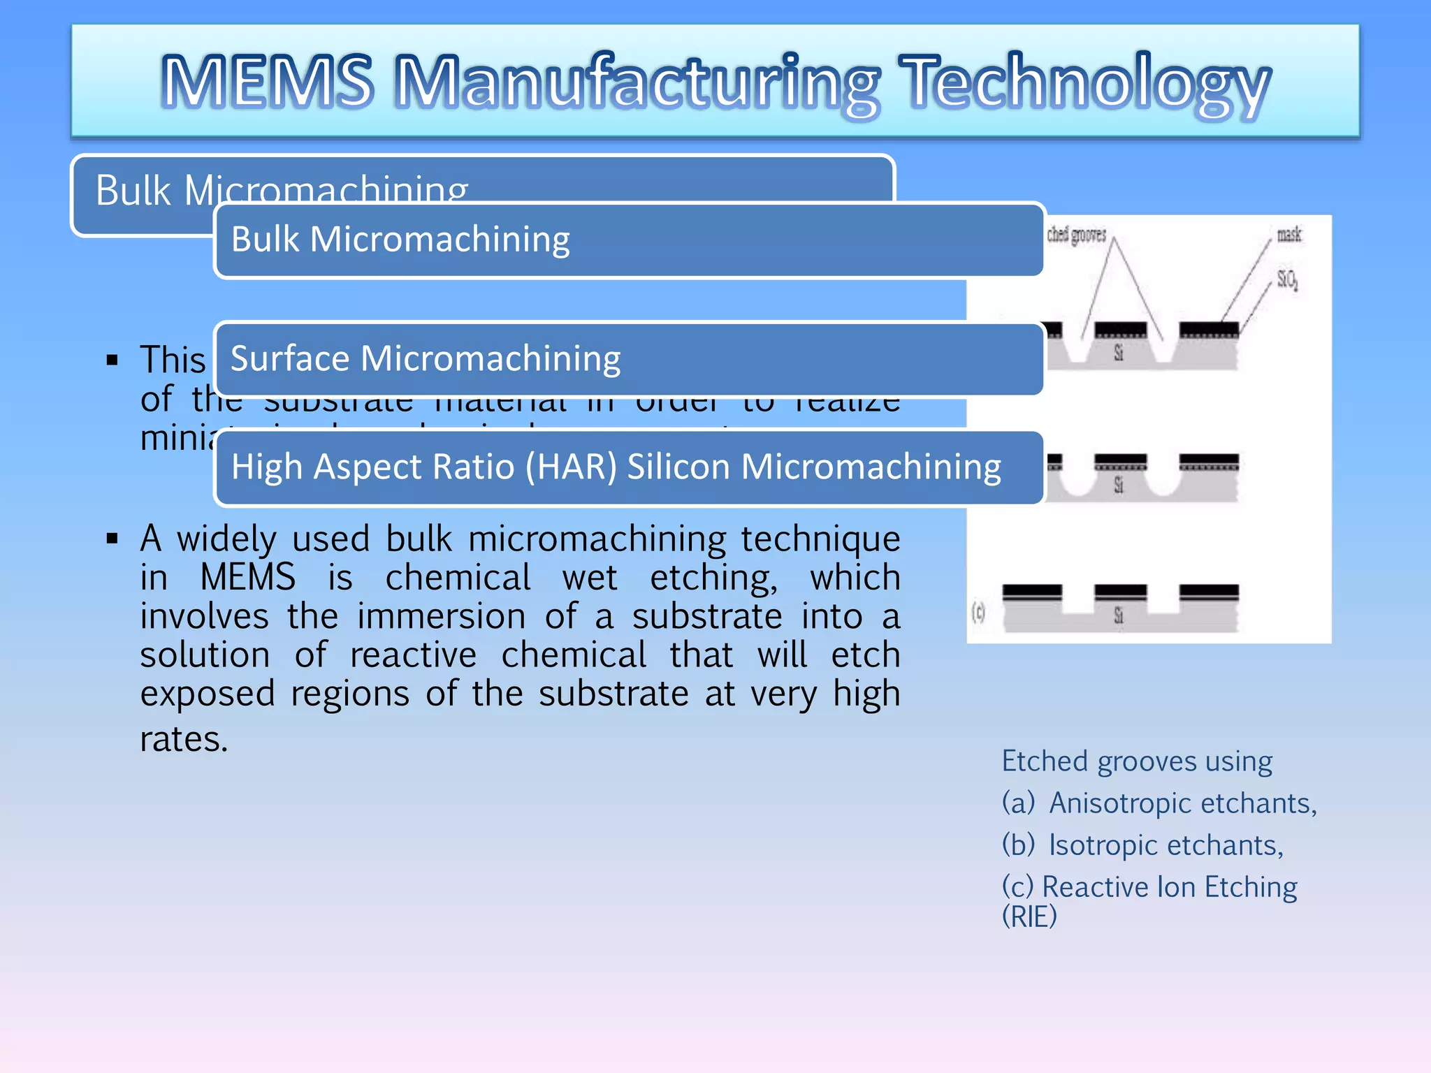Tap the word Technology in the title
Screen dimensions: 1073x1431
1085,82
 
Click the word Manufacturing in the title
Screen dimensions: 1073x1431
637,82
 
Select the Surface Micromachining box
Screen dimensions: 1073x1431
629,359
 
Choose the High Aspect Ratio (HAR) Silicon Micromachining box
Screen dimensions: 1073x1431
629,467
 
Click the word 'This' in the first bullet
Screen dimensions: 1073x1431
173,360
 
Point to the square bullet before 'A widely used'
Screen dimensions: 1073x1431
112,539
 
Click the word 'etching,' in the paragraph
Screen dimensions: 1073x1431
713,578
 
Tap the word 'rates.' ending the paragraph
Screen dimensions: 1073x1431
184,739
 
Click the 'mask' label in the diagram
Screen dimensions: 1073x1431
1289,235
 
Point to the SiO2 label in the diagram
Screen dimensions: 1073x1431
1288,279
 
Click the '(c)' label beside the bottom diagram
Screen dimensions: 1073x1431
979,613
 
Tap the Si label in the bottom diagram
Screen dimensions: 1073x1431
1119,615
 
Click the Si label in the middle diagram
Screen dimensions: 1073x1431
1119,484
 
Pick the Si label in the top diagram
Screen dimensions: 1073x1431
1119,353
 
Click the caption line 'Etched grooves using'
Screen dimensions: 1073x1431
1137,761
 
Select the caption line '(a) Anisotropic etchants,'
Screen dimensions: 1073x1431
1159,803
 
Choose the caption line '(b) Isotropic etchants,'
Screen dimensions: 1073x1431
1142,845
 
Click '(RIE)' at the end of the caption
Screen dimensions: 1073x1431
1029,917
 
